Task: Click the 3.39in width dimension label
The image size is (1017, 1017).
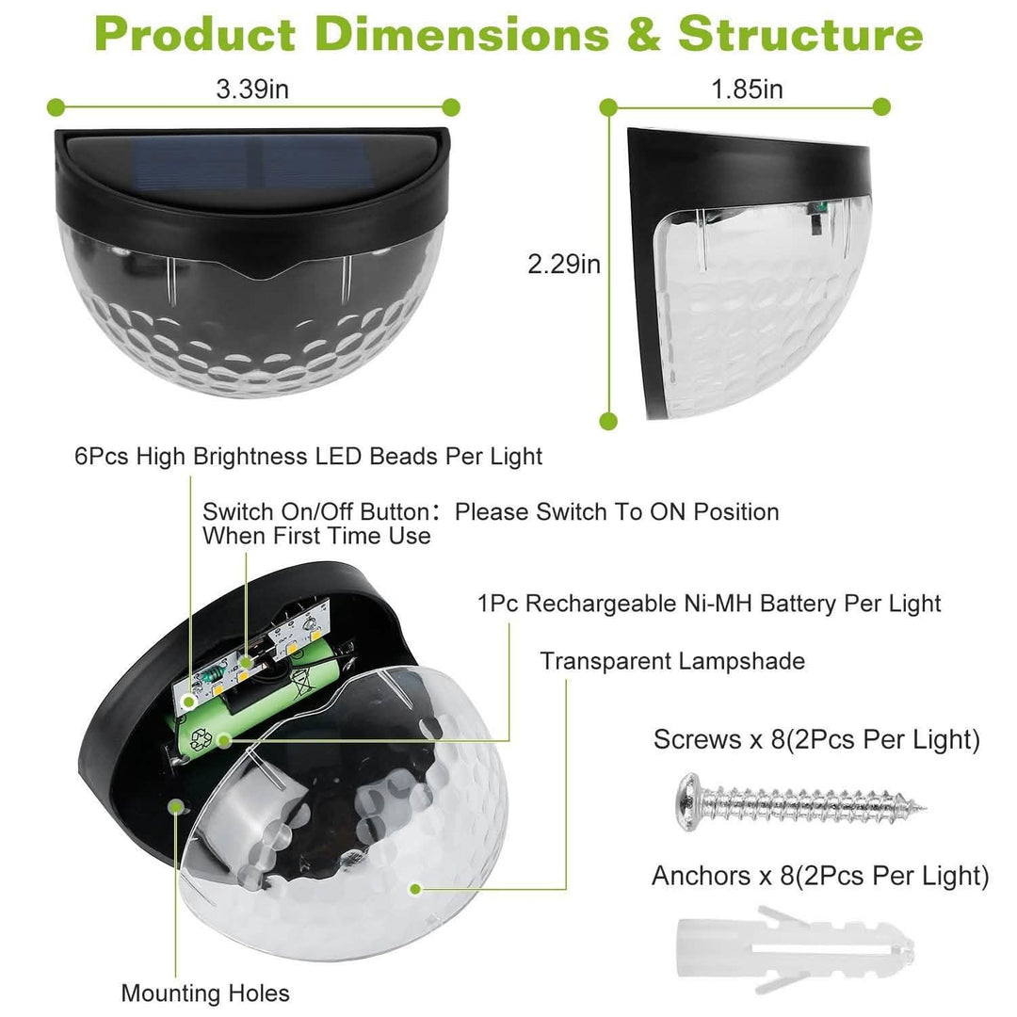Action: click(252, 89)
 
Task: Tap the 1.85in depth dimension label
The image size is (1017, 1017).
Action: click(747, 89)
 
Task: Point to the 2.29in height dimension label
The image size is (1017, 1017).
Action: click(564, 265)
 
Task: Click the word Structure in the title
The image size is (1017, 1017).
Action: click(800, 35)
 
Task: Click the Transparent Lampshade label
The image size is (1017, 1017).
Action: click(672, 661)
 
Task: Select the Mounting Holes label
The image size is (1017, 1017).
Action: click(205, 993)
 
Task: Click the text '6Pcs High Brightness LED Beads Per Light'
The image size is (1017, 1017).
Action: click(309, 457)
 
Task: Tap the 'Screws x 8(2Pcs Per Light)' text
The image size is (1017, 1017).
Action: click(816, 739)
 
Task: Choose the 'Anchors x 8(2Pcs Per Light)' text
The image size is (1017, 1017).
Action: click(820, 877)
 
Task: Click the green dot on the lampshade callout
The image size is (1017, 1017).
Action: click(413, 888)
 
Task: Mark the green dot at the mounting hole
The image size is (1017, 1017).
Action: click(176, 805)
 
